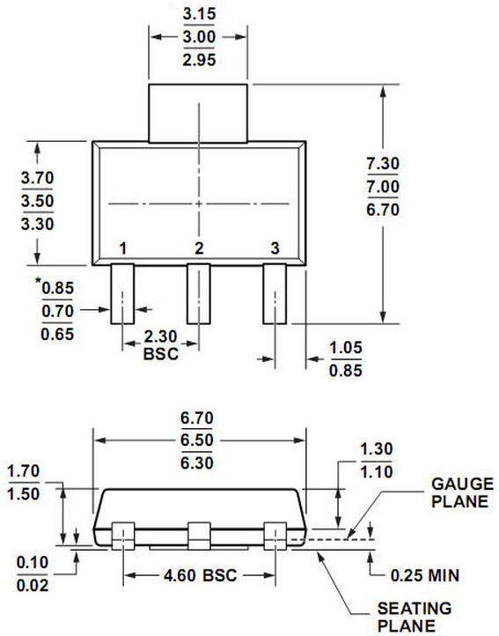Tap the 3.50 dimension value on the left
point(37,200)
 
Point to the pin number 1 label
point(122,248)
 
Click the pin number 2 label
point(199,248)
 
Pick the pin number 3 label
point(275,248)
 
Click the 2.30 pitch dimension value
point(159,336)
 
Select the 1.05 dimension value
point(346,347)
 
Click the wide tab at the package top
point(198,113)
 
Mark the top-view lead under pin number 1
point(122,294)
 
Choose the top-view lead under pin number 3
point(275,294)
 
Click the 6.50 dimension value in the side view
point(198,439)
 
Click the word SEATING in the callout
point(415,609)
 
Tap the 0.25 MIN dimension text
point(425,576)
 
